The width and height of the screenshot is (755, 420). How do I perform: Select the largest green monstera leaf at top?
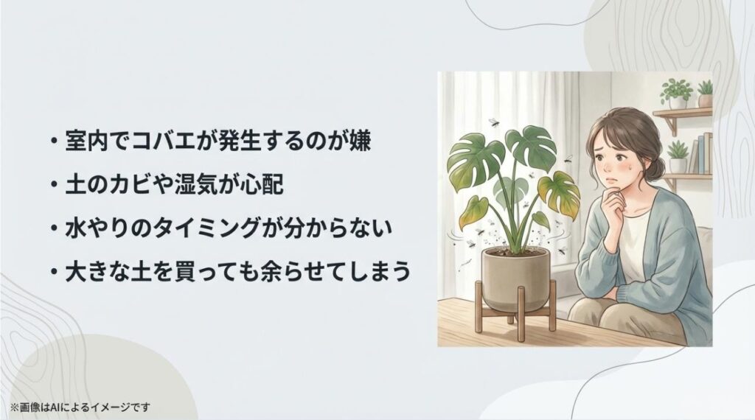click(528, 147)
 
